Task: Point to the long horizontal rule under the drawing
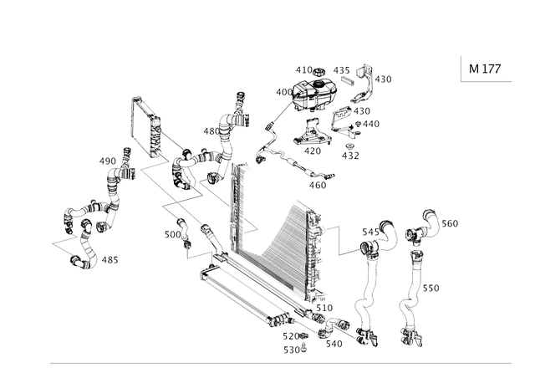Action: [x=280, y=363]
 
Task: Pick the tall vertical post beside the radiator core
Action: [x=235, y=209]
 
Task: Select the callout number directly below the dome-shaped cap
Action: [x=313, y=151]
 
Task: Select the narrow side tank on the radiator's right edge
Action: [x=315, y=251]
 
